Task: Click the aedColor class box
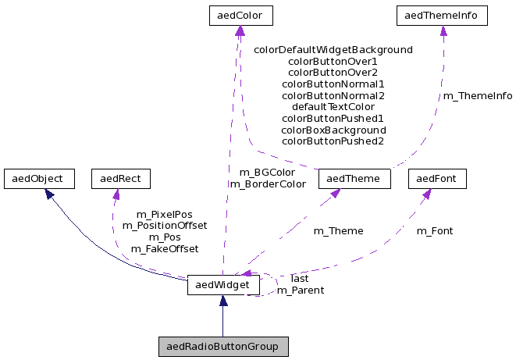(240, 15)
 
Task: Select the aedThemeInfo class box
(443, 15)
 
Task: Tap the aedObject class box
(38, 178)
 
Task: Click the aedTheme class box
(354, 178)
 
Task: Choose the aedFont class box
(437, 178)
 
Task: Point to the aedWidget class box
(222, 286)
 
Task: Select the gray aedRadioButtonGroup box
(222, 345)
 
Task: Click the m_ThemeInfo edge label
(478, 96)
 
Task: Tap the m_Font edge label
(434, 231)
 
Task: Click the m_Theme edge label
(338, 231)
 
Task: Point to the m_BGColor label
(267, 172)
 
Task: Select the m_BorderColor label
(267, 184)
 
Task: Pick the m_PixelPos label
(164, 214)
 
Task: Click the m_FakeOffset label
(164, 249)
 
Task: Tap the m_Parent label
(301, 290)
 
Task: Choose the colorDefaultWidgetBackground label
(333, 49)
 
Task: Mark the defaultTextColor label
(333, 106)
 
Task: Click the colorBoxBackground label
(333, 130)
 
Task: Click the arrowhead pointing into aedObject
(49, 192)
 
